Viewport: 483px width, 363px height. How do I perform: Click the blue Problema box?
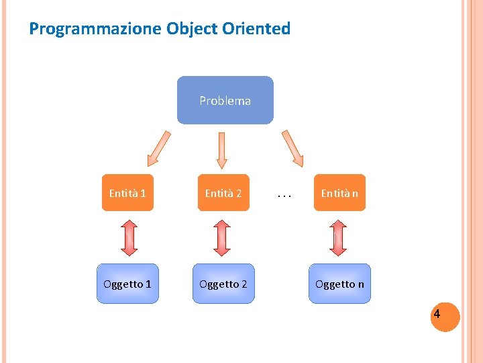225,100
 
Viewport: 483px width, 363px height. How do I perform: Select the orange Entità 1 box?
127,193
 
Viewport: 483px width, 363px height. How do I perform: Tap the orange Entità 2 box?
223,193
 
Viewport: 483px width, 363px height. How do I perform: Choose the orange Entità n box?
339,193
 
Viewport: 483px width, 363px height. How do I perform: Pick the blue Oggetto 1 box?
127,284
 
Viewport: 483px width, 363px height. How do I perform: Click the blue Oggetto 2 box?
223,284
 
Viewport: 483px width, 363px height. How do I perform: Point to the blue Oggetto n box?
339,284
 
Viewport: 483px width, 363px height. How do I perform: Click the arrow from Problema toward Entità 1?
159,148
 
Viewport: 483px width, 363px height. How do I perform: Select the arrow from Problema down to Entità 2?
221,149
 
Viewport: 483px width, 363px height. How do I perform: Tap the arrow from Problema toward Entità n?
292,148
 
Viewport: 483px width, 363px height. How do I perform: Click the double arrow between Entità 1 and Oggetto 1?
129,237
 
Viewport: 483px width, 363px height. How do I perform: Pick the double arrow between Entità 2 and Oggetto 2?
222,237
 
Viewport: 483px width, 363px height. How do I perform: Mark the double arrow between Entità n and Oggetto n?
339,237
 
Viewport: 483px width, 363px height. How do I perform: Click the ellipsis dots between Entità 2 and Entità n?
284,196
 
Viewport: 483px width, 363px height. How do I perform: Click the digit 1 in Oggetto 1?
148,284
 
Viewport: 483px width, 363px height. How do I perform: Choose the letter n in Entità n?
355,194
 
